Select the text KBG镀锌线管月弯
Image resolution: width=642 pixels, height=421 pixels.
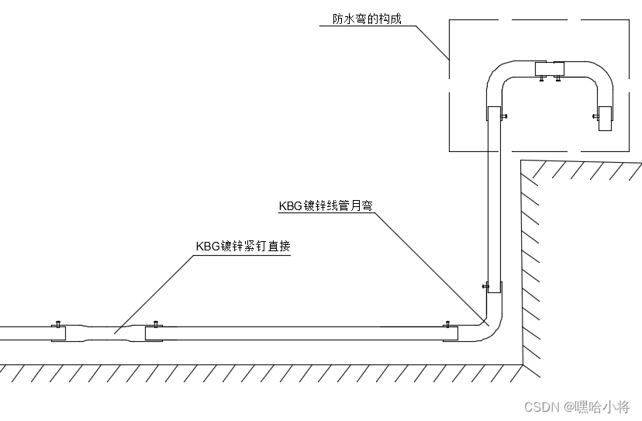click(326, 206)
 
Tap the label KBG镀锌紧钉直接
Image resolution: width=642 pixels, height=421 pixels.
click(243, 247)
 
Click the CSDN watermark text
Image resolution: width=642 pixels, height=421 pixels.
click(577, 405)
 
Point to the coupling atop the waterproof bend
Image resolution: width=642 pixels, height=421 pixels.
click(552, 69)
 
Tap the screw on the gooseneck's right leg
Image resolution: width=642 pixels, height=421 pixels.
click(595, 116)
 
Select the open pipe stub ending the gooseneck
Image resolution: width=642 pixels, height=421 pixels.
click(605, 119)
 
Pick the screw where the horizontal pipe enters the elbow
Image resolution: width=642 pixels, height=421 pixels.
click(447, 324)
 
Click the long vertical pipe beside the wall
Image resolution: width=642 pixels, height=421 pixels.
click(494, 202)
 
